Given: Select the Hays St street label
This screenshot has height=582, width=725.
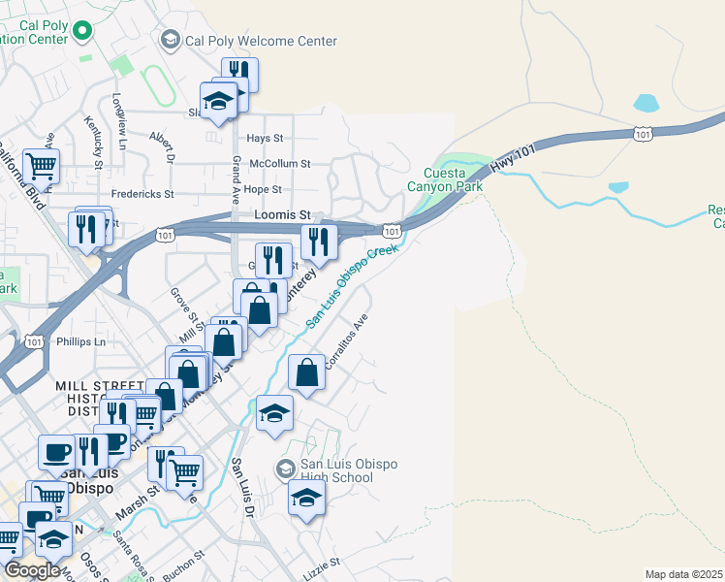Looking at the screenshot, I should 265,140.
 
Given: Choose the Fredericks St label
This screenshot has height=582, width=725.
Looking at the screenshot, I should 142,194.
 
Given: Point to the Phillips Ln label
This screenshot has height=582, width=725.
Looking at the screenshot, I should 80,342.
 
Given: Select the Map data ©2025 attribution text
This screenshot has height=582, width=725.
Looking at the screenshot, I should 683,574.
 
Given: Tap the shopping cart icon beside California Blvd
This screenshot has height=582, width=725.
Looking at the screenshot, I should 41,166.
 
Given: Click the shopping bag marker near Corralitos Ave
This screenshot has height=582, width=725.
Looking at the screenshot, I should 307,373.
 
